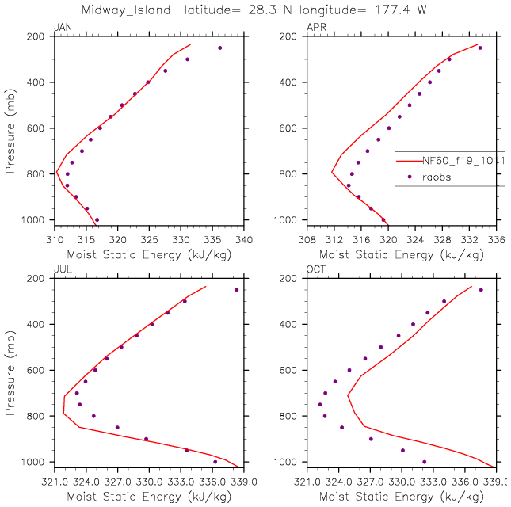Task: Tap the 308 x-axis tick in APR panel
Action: click(307, 238)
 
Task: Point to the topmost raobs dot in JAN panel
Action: click(220, 48)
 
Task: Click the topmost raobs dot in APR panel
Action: click(480, 48)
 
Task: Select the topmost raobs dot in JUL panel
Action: click(236, 290)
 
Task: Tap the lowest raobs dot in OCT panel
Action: click(424, 462)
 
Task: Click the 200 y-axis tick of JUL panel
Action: click(39, 279)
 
